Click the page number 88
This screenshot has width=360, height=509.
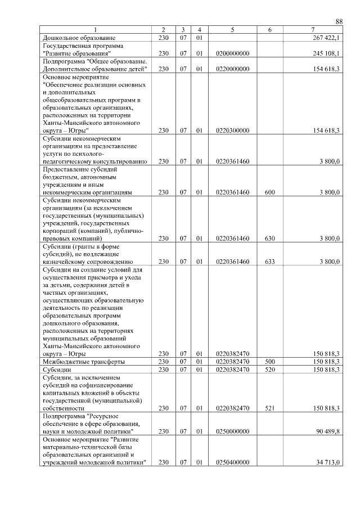coord(339,21)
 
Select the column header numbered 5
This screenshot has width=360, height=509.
coord(232,29)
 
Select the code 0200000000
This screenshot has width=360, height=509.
coord(232,53)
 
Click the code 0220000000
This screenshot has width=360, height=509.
coord(232,69)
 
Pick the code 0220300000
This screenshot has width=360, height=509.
coord(232,130)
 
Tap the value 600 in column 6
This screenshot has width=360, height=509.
coord(269,192)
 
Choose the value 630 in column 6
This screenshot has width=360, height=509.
coord(269,238)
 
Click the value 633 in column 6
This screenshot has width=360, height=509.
coord(269,262)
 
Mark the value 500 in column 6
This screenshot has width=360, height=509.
coord(269,362)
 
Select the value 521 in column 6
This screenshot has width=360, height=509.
coord(269,408)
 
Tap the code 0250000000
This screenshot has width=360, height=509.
coord(232,431)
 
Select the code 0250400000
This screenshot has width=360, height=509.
coord(232,462)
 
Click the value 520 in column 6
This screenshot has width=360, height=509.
coord(269,370)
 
